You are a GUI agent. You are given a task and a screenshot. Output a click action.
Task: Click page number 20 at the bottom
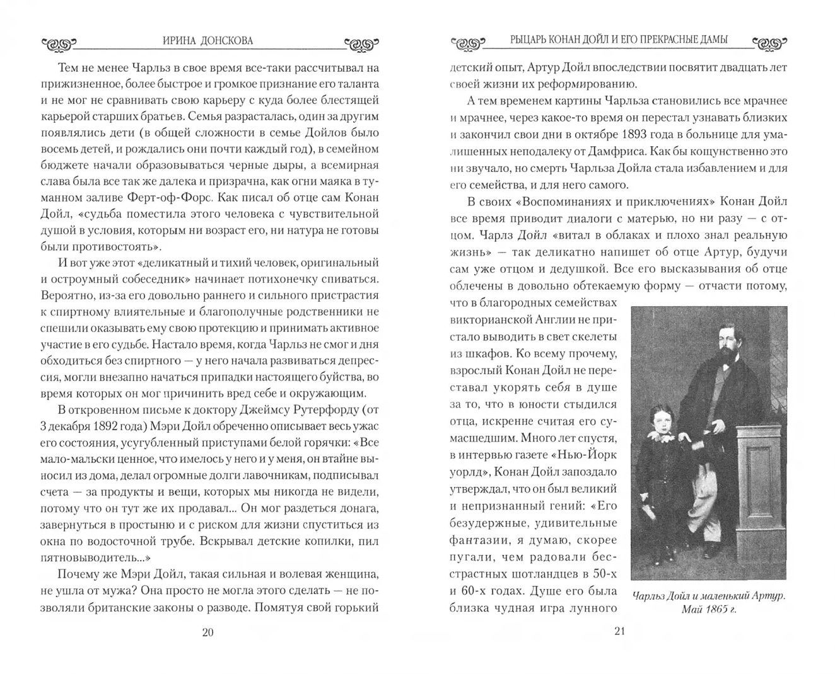(x=208, y=632)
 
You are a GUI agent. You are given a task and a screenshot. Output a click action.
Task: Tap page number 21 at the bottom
(x=619, y=632)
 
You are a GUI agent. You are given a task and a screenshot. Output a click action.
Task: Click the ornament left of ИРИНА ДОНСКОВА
(x=58, y=43)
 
